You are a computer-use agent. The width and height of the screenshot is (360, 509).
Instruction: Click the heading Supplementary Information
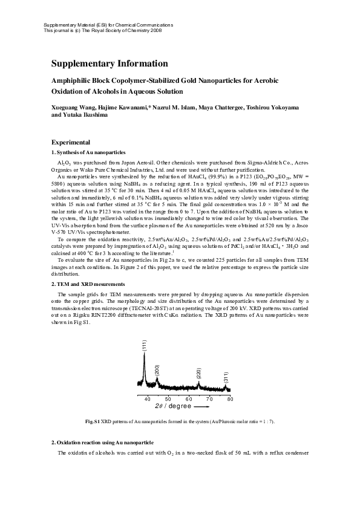[x=109, y=63]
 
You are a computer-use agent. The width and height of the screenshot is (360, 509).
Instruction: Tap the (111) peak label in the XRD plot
[x=145, y=346]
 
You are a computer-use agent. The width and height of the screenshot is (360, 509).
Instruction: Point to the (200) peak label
[x=157, y=370]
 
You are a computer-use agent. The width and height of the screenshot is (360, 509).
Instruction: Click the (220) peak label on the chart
[x=199, y=372]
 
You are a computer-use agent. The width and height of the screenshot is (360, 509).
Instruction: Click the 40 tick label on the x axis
[x=148, y=399]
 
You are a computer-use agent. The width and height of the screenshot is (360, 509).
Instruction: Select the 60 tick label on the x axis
[x=189, y=399]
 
